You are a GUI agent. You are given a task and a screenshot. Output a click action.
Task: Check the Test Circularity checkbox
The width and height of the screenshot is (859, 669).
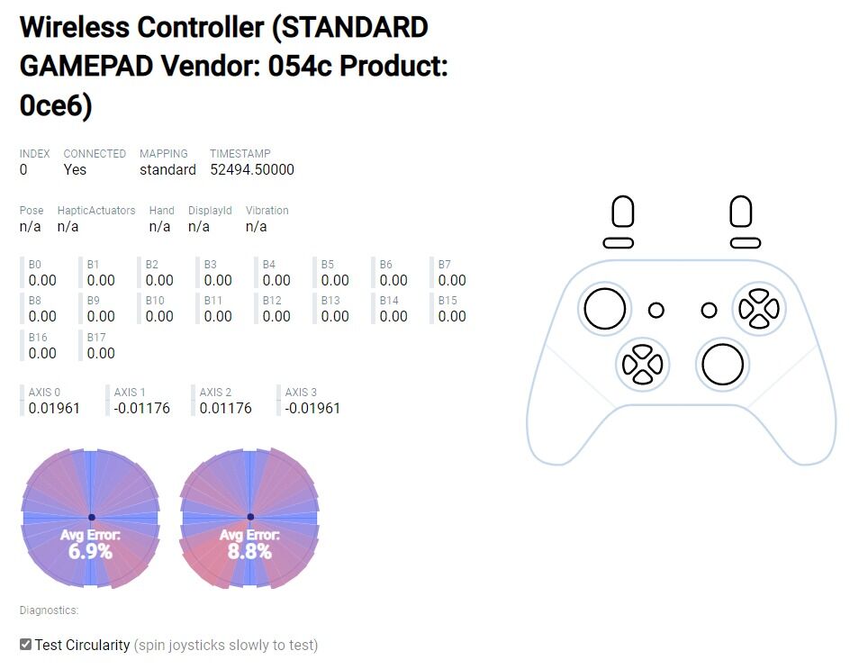click(x=25, y=645)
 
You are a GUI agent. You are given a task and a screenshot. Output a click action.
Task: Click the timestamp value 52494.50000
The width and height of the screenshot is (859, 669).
click(x=252, y=170)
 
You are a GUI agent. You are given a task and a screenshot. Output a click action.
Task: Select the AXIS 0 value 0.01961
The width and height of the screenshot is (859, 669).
click(x=54, y=408)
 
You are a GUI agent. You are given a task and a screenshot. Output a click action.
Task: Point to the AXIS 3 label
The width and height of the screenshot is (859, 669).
click(x=301, y=393)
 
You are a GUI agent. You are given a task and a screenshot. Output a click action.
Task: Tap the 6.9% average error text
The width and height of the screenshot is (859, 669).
click(x=90, y=551)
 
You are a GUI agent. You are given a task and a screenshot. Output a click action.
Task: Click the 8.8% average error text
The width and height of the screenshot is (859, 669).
click(x=249, y=551)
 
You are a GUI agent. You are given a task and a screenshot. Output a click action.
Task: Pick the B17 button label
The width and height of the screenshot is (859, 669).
click(x=95, y=338)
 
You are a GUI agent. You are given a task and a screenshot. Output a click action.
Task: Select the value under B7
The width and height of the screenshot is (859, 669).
click(x=452, y=281)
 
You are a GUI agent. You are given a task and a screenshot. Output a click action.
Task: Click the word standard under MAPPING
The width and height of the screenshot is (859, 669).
click(x=167, y=170)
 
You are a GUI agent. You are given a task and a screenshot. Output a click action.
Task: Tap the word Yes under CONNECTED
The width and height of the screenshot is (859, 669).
click(x=75, y=170)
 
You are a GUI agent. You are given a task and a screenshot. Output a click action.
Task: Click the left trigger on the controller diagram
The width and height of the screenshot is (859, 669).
click(x=623, y=211)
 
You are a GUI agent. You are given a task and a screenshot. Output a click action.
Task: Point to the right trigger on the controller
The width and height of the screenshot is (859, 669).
click(x=741, y=211)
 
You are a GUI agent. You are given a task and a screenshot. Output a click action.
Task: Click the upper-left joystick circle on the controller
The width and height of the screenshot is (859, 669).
click(x=605, y=309)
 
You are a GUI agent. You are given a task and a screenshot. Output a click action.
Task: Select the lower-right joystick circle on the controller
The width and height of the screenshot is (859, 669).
click(x=723, y=365)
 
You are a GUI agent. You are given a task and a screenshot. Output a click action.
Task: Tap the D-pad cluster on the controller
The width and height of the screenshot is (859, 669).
click(x=643, y=365)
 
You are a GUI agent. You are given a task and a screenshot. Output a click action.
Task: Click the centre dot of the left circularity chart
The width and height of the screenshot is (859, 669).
click(x=92, y=517)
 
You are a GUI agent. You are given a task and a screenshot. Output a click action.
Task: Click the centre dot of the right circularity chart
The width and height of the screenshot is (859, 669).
click(x=250, y=517)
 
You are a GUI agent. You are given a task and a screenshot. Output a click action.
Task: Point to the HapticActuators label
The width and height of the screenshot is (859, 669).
click(x=96, y=211)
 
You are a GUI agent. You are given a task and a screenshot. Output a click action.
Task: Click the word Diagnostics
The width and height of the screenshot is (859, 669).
click(x=49, y=610)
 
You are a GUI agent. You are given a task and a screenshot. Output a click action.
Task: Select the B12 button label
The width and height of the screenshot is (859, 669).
click(x=272, y=301)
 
